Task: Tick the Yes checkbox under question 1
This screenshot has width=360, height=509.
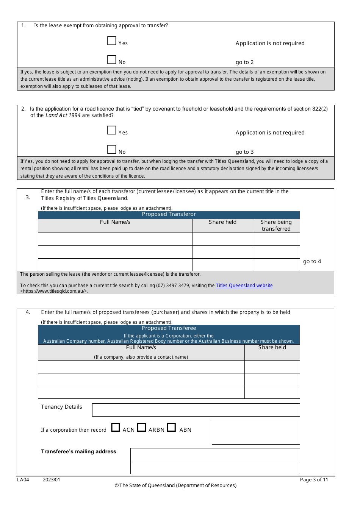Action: click(111, 41)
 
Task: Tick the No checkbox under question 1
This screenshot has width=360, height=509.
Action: click(111, 59)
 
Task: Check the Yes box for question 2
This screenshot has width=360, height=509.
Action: click(111, 130)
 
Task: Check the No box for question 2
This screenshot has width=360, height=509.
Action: click(111, 149)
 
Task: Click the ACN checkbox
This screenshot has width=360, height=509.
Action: click(116, 427)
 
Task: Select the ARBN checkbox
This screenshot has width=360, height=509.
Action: click(141, 427)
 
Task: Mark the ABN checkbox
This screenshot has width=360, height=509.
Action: click(171, 427)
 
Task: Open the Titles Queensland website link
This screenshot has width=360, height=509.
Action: click(244, 286)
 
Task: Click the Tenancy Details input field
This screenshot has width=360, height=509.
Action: click(196, 410)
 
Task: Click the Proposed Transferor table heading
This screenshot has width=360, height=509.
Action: click(169, 214)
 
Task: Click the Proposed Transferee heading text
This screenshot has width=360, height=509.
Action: click(169, 328)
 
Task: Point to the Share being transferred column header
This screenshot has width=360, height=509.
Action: click(276, 225)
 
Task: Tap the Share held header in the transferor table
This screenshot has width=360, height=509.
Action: click(222, 222)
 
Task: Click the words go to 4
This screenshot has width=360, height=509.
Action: click(312, 261)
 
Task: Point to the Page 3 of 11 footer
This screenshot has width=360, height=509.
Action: click(314, 480)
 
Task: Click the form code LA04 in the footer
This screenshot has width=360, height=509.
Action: click(23, 480)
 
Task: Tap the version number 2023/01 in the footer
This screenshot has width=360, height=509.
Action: click(51, 480)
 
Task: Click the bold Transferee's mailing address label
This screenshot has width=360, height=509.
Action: click(78, 451)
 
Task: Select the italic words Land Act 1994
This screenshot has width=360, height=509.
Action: click(63, 116)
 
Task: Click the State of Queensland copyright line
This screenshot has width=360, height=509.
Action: click(175, 486)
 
